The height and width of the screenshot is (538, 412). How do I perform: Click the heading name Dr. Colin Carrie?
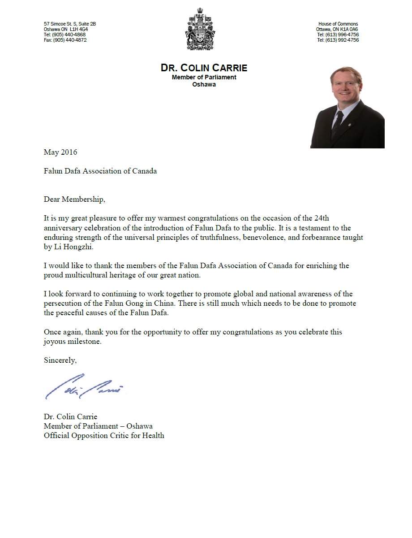click(x=204, y=68)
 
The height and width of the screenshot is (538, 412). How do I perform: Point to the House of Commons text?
click(x=338, y=24)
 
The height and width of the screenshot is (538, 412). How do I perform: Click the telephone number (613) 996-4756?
click(x=338, y=35)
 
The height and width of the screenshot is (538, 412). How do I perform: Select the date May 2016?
click(x=60, y=152)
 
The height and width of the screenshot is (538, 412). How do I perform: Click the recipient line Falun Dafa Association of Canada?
click(x=100, y=171)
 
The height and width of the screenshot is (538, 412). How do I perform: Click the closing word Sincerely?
click(x=60, y=360)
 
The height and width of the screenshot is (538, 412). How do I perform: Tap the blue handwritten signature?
click(x=83, y=386)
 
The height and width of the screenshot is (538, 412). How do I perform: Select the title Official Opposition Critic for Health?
click(x=104, y=435)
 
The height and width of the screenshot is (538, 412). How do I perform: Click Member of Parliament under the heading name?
click(x=204, y=78)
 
